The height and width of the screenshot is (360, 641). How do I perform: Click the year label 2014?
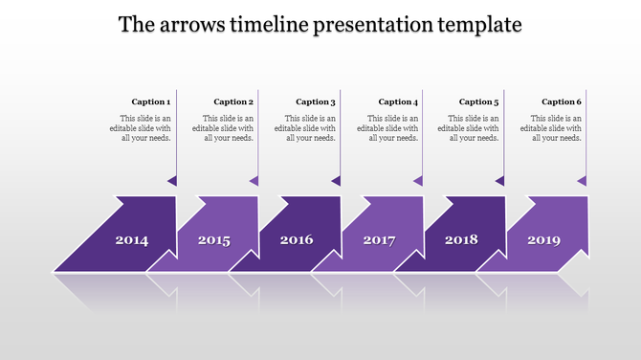pyautogui.click(x=132, y=240)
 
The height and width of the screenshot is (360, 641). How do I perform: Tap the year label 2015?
pyautogui.click(x=214, y=240)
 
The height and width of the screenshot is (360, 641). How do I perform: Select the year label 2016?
pyautogui.click(x=297, y=240)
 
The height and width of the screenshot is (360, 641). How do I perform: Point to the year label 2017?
pyautogui.click(x=379, y=240)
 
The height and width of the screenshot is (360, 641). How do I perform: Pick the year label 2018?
pyautogui.click(x=461, y=240)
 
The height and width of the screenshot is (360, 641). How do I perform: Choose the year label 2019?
pyautogui.click(x=543, y=240)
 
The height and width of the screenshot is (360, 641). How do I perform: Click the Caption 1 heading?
pyautogui.click(x=151, y=101)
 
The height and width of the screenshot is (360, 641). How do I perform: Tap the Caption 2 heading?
pyautogui.click(x=233, y=101)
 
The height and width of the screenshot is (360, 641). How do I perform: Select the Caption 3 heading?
pyautogui.click(x=316, y=101)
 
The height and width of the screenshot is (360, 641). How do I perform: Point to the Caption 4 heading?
pyautogui.click(x=398, y=101)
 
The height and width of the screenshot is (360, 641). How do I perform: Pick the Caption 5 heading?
pyautogui.click(x=479, y=101)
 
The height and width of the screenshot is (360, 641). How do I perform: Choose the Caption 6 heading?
pyautogui.click(x=562, y=101)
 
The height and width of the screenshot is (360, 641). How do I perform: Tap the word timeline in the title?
pyautogui.click(x=269, y=25)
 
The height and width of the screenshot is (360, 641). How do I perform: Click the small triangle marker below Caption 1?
pyautogui.click(x=172, y=180)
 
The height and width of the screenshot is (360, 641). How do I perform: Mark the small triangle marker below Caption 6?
pyautogui.click(x=583, y=180)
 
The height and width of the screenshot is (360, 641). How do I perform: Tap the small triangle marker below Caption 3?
pyautogui.click(x=337, y=180)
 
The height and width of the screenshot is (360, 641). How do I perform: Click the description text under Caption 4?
pyautogui.click(x=388, y=127)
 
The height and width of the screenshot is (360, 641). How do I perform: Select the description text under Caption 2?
pyautogui.click(x=224, y=127)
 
